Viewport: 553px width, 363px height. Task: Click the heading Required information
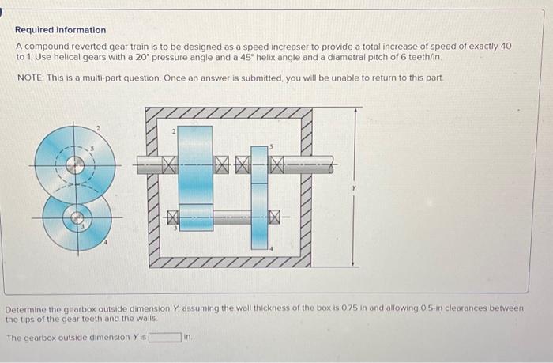(x=60, y=30)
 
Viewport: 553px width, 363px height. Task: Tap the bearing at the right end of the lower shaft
(x=276, y=216)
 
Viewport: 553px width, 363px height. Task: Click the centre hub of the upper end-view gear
(x=76, y=165)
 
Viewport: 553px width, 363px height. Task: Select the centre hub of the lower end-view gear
(x=77, y=216)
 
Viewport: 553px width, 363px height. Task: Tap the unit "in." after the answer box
(x=188, y=338)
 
